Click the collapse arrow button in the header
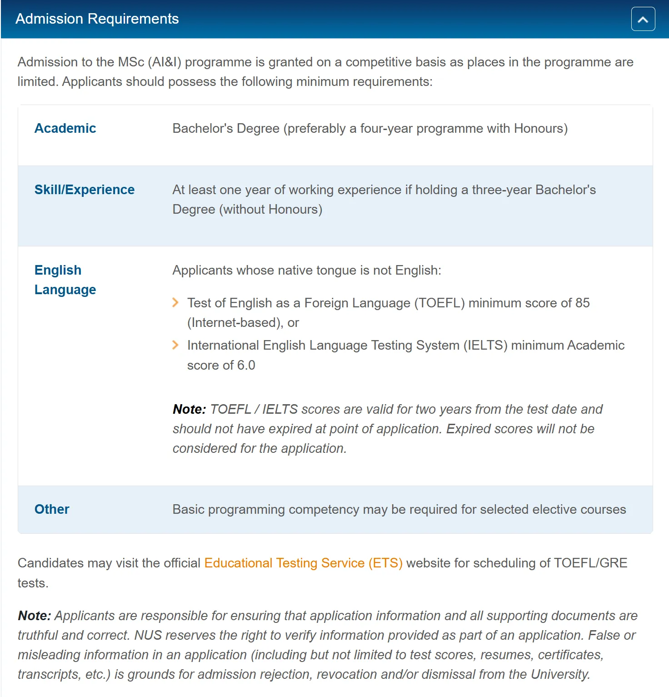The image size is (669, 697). [643, 19]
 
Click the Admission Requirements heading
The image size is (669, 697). [97, 19]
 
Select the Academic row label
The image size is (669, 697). [65, 128]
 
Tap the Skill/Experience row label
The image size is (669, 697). [84, 190]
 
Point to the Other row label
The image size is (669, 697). [52, 509]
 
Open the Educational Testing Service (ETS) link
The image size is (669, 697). [303, 563]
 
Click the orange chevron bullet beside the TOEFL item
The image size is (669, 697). [175, 303]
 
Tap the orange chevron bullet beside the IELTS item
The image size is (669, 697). [175, 345]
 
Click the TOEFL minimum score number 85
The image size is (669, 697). [582, 303]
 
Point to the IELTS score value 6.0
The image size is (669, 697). [246, 365]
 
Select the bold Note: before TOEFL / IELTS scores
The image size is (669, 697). [189, 409]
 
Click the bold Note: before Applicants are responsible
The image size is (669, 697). [34, 616]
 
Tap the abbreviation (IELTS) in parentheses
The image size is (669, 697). [485, 345]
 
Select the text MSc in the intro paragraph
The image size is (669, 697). [131, 62]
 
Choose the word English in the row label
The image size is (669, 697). [58, 270]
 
